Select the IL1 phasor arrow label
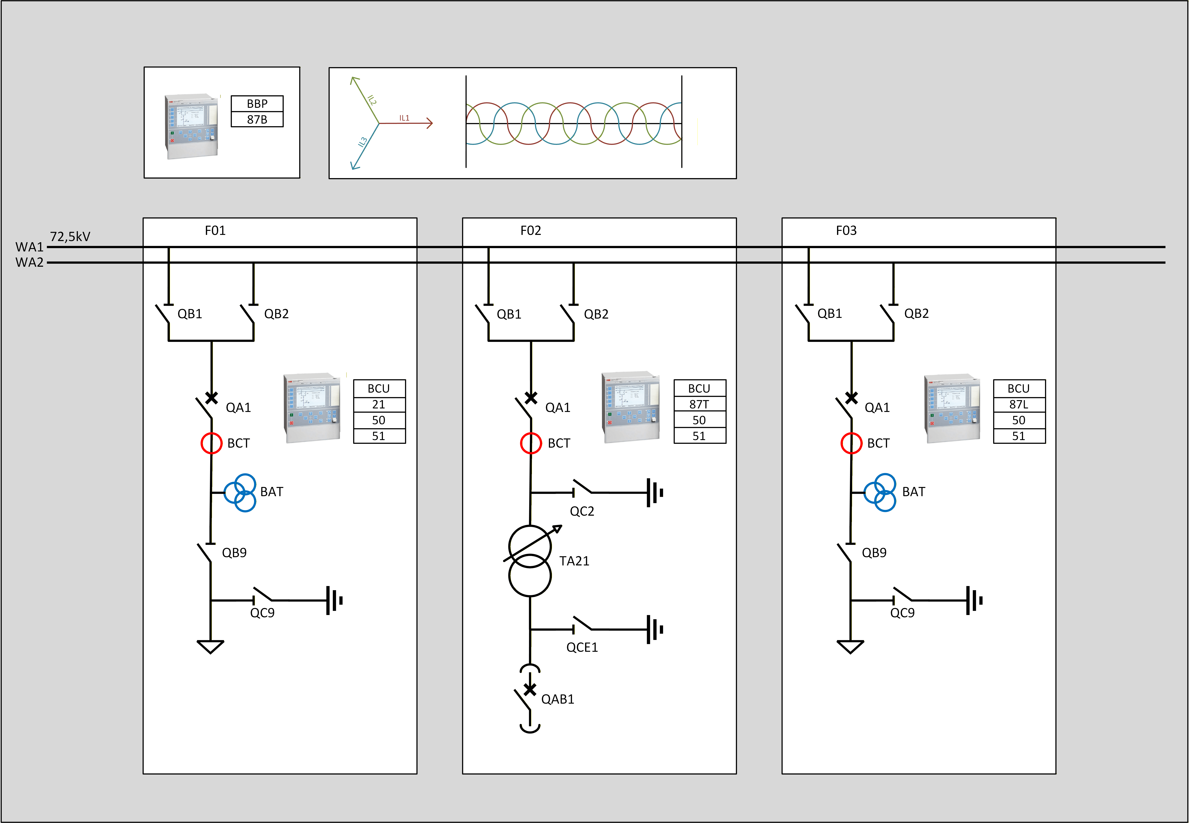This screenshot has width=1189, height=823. [x=404, y=118]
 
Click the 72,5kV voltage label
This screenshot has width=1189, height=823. [x=70, y=237]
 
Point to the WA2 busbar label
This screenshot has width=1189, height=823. [x=29, y=262]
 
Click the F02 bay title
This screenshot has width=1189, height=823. [x=531, y=230]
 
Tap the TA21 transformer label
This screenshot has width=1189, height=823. [x=574, y=561]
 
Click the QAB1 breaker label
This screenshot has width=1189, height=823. [x=557, y=699]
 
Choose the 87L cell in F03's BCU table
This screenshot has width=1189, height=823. [x=1019, y=404]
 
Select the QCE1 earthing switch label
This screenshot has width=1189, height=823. [x=582, y=647]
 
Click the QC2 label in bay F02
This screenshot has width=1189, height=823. [x=582, y=511]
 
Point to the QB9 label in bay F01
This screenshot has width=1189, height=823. [x=234, y=553]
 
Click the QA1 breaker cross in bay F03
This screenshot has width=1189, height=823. [x=851, y=398]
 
